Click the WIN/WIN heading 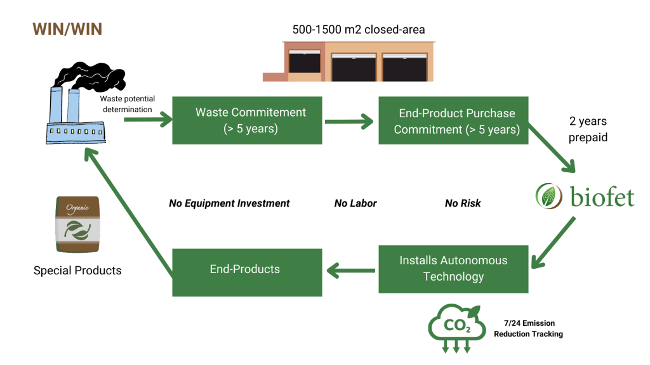pyautogui.click(x=67, y=30)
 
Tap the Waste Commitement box pyautogui.click(x=247, y=120)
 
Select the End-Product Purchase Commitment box pyautogui.click(x=453, y=120)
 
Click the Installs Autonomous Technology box pyautogui.click(x=453, y=269)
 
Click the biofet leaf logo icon pyautogui.click(x=549, y=196)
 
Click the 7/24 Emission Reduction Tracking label pyautogui.click(x=528, y=328)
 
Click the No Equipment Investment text pyautogui.click(x=229, y=203)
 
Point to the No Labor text pyautogui.click(x=355, y=203)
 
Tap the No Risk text pyautogui.click(x=463, y=203)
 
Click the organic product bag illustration pyautogui.click(x=77, y=224)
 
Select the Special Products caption pyautogui.click(x=77, y=271)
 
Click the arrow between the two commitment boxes pyautogui.click(x=350, y=121)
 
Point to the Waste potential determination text pyautogui.click(x=126, y=104)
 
